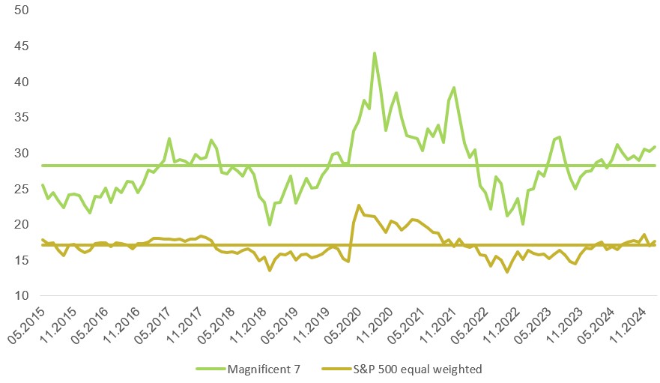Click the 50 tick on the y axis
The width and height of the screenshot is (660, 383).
tap(22, 10)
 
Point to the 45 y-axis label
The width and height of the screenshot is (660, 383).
tap(22, 46)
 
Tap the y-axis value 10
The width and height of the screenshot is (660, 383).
tap(22, 296)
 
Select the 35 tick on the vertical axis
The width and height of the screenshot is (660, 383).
tap(22, 118)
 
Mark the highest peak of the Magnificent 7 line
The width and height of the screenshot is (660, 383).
tap(375, 53)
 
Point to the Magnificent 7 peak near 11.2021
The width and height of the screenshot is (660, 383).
tap(454, 88)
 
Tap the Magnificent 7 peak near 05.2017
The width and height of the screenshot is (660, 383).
tap(169, 139)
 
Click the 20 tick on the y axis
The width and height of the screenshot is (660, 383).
tap(22, 225)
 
